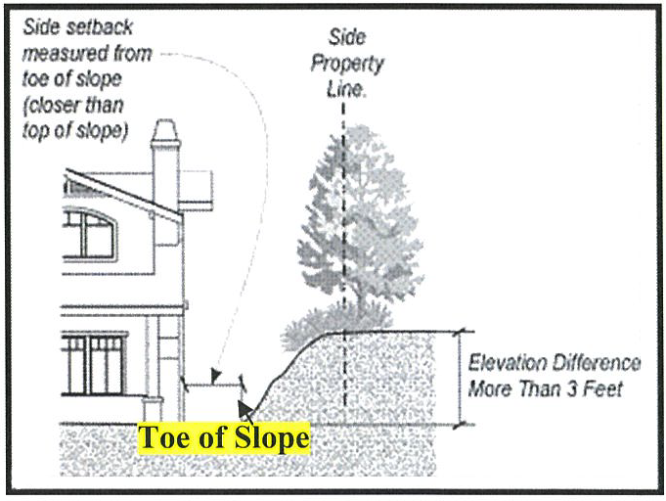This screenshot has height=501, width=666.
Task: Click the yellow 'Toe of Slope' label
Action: [x=224, y=437]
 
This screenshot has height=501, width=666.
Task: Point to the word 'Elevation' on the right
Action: [x=509, y=363]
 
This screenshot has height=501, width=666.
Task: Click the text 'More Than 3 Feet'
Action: [x=545, y=390]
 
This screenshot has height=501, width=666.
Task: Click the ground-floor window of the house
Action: [x=94, y=363]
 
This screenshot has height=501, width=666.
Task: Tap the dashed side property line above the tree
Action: [x=343, y=108]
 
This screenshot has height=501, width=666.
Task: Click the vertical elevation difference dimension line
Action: [x=458, y=378]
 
